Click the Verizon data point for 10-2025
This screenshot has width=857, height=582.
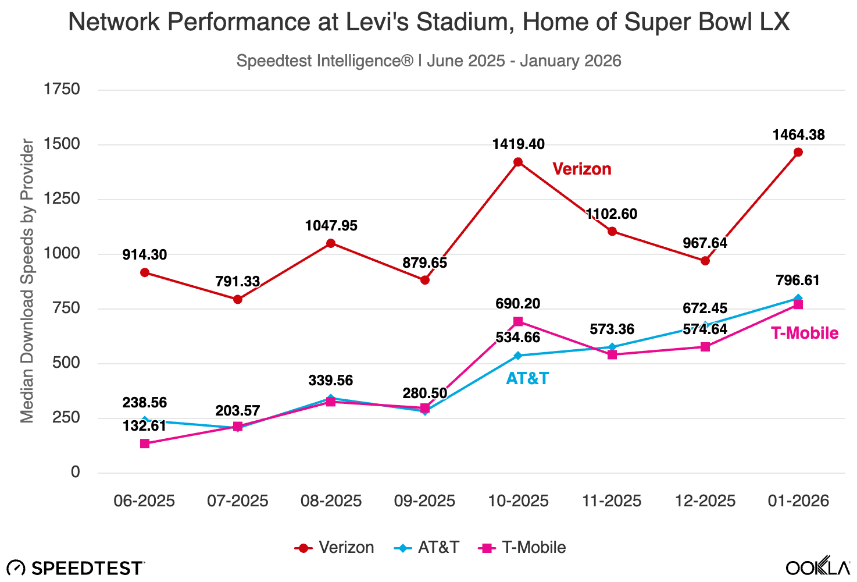(518, 162)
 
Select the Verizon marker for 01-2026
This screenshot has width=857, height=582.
(798, 152)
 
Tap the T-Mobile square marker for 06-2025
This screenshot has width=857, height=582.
(145, 443)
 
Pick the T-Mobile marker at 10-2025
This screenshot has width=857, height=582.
(518, 321)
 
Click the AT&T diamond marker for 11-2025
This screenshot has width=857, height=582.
(612, 347)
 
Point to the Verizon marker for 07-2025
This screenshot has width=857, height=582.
(238, 299)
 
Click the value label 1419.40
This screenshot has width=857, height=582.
(519, 144)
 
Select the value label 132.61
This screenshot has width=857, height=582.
(144, 425)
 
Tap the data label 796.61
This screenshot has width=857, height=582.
(798, 281)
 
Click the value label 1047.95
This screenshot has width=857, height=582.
(331, 225)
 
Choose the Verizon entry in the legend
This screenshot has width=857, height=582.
(334, 548)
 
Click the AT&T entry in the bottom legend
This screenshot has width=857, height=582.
(427, 548)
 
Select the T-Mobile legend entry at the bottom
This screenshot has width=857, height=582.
(522, 548)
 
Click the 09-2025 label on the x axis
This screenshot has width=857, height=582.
(424, 501)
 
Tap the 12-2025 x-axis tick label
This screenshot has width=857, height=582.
(705, 501)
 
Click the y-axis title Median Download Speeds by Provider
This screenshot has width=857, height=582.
(27, 281)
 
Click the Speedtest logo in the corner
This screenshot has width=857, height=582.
(76, 568)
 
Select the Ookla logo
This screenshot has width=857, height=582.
(817, 567)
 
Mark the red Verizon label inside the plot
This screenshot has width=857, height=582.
(581, 169)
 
